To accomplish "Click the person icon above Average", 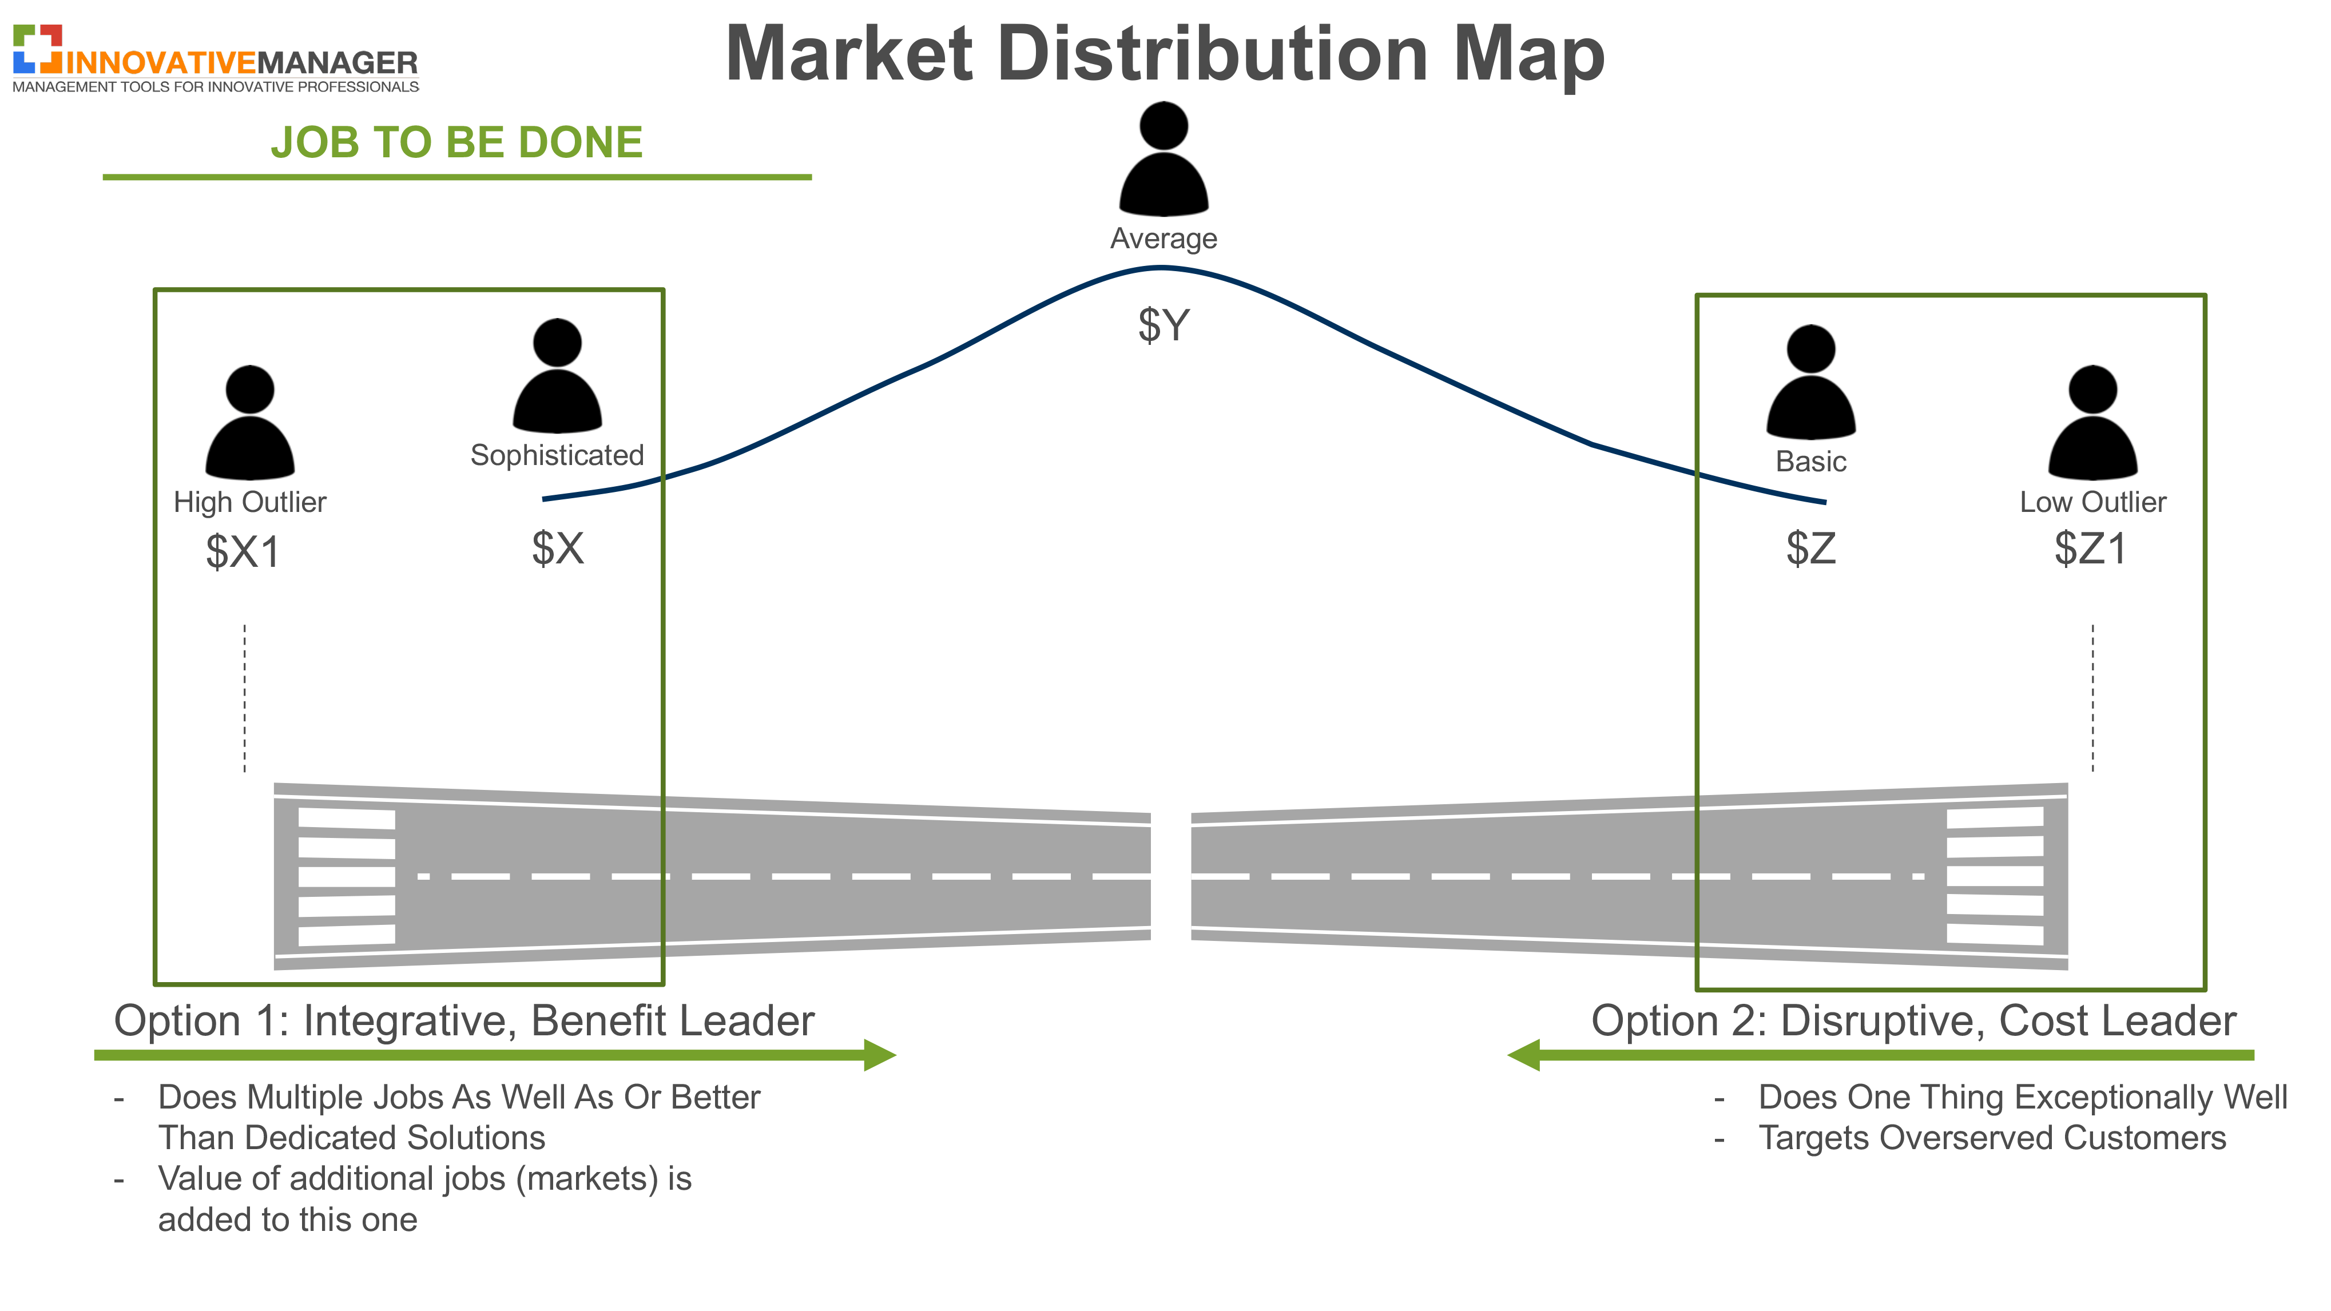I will pos(1163,159).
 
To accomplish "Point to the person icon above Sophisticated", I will pos(557,375).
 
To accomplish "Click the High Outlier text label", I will pos(250,502).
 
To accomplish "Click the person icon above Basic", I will pos(1810,382).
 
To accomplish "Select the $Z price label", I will pos(1810,549).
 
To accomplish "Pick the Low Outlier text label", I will pos(2093,502).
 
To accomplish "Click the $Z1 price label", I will pos(2090,549).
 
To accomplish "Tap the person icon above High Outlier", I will pos(250,423).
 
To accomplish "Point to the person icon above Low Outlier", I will pos(2093,423).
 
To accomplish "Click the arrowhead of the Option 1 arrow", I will pos(880,1055).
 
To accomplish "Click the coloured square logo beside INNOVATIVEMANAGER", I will pos(37,49).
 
